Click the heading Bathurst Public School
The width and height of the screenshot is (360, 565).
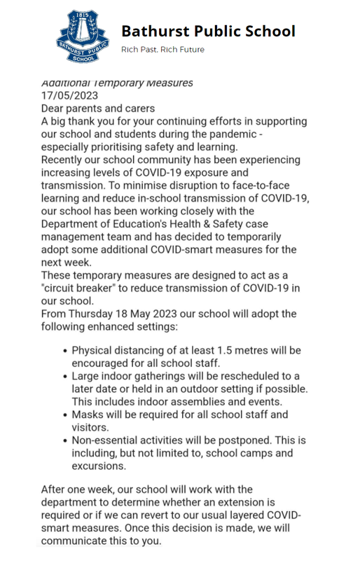coord(208,32)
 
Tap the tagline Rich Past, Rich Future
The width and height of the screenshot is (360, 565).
coord(162,50)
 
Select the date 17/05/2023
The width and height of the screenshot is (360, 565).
coord(70,95)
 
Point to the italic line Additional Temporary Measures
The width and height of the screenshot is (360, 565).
coord(117,83)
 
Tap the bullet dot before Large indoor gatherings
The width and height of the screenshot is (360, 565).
coord(65,377)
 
